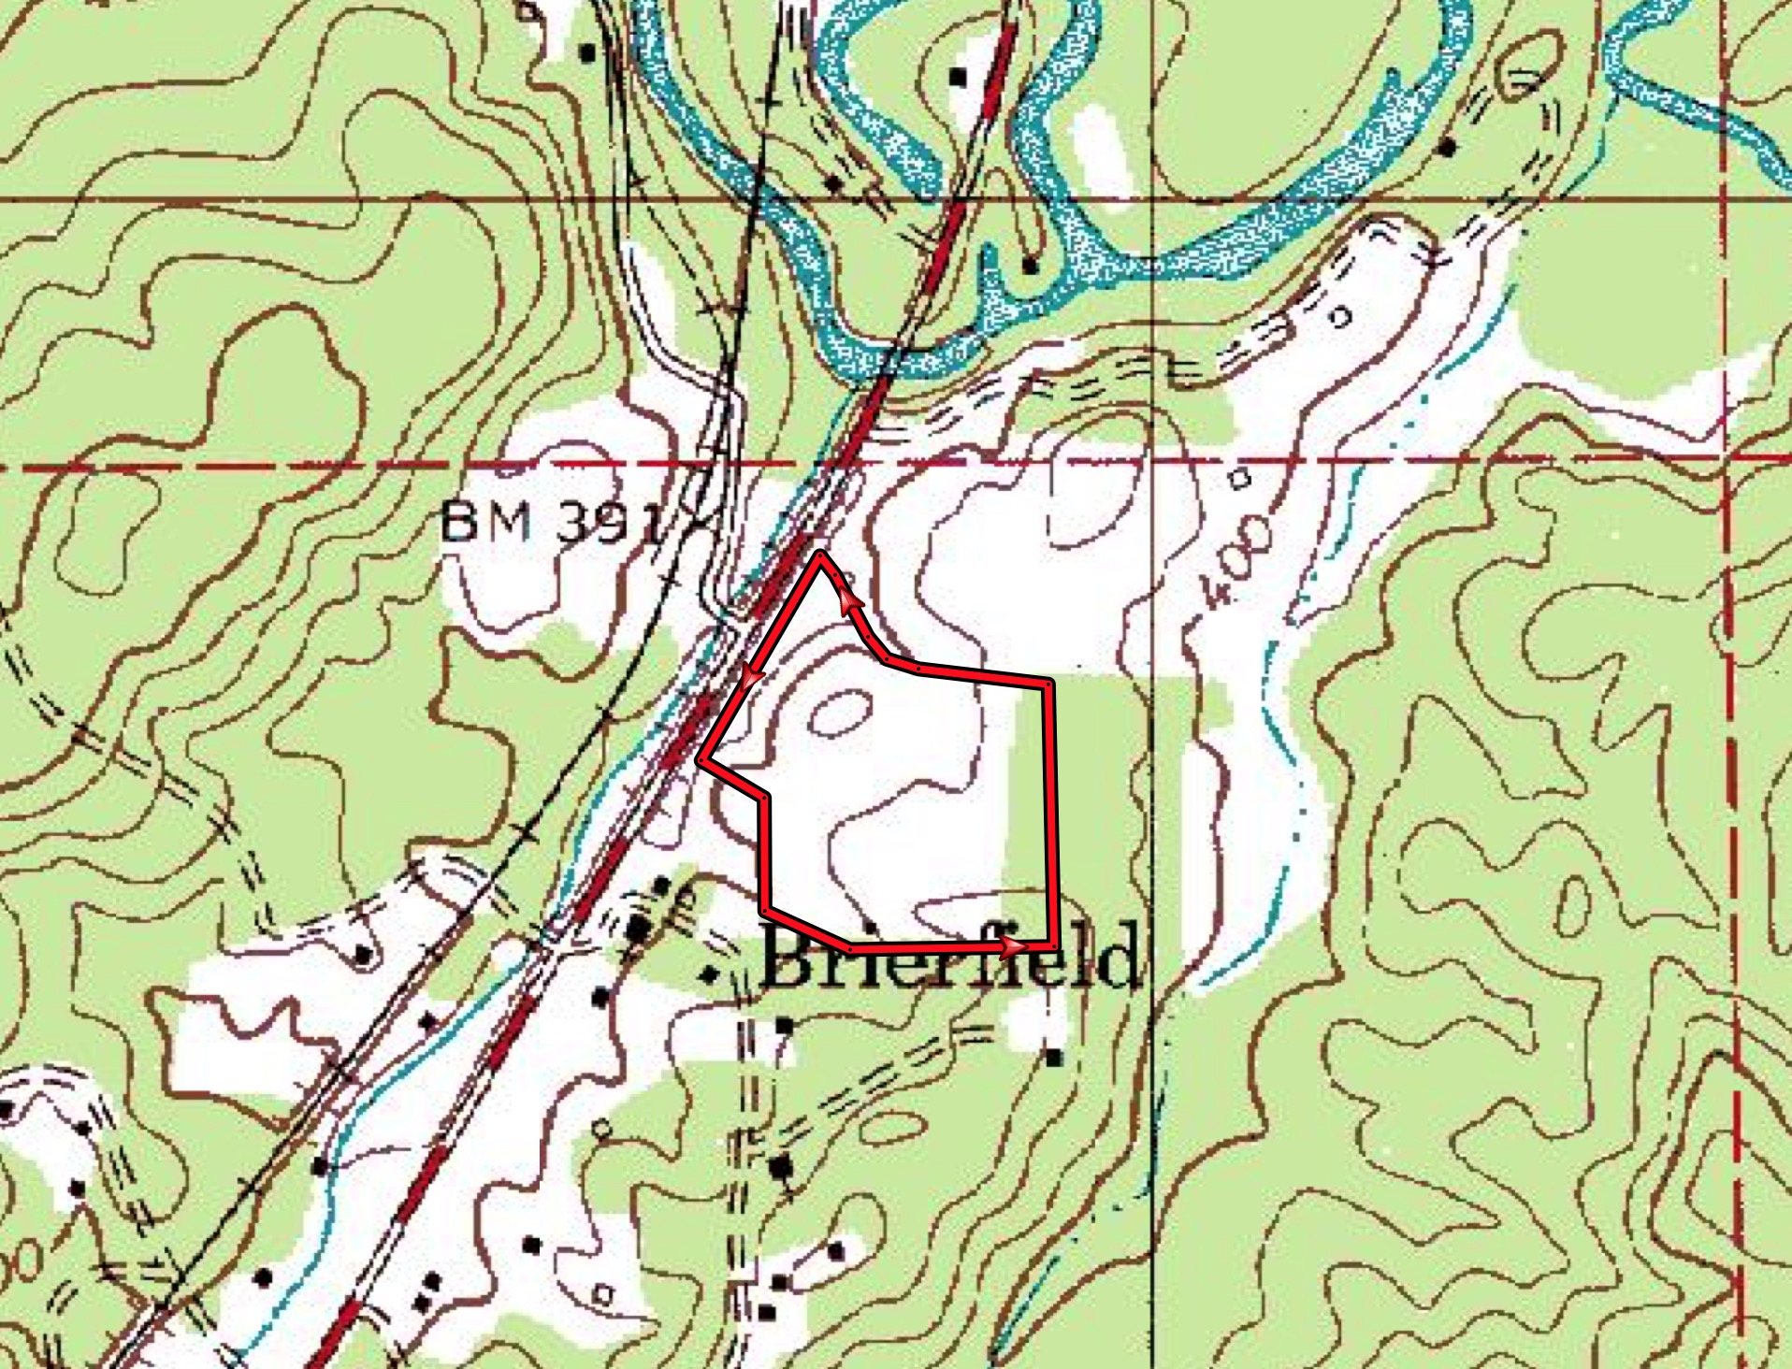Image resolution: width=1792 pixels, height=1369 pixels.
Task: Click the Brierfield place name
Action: (x=950, y=956)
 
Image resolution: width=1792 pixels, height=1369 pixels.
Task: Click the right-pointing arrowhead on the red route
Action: (x=1012, y=948)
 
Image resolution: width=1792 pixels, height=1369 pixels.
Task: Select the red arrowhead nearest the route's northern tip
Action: (x=850, y=601)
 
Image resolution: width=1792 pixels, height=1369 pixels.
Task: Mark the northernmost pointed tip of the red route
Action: (x=820, y=555)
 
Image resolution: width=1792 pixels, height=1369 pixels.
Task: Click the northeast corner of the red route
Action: (x=1048, y=684)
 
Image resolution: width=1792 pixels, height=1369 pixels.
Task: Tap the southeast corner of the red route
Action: (x=1055, y=946)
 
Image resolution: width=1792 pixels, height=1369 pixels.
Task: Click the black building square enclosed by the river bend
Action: (x=1030, y=266)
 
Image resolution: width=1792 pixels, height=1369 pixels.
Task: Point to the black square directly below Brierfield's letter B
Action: (x=784, y=1026)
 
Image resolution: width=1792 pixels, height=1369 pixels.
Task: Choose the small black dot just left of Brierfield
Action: (x=711, y=975)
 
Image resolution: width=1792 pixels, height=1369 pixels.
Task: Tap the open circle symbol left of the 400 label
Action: (x=1239, y=480)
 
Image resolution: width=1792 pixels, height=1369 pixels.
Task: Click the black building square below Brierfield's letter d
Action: (x=1054, y=1058)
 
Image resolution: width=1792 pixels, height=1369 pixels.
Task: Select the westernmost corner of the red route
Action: (x=701, y=760)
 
